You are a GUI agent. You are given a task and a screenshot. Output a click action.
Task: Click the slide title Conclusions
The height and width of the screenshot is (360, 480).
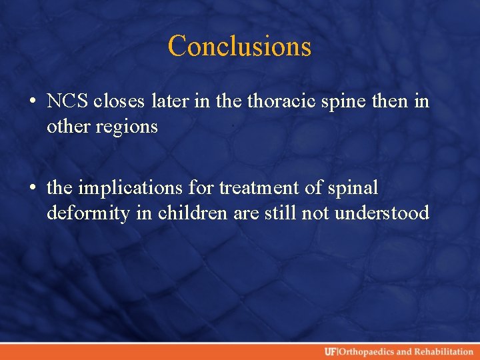[x=239, y=46]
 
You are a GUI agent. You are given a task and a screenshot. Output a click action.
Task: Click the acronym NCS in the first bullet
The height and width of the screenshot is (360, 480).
[x=68, y=101]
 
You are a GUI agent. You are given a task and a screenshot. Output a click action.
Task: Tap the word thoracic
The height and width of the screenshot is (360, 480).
[x=278, y=101]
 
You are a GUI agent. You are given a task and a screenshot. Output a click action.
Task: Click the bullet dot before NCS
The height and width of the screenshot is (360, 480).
[x=33, y=103]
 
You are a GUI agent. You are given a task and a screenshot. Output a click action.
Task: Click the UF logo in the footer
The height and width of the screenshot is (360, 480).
[x=331, y=352]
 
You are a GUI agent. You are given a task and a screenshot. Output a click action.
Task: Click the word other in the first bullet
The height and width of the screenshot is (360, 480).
[x=69, y=127]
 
